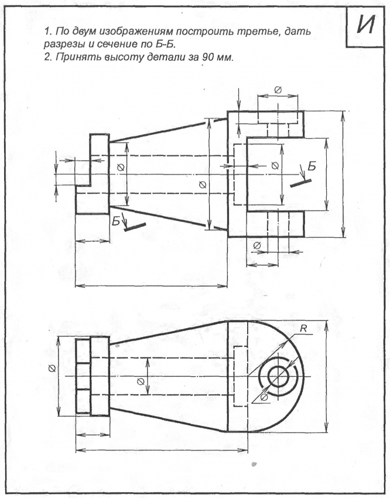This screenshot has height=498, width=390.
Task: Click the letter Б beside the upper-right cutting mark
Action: tap(312, 166)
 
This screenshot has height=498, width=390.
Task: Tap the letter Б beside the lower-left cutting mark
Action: tap(116, 220)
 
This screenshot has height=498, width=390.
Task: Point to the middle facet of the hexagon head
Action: tap(83, 376)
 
